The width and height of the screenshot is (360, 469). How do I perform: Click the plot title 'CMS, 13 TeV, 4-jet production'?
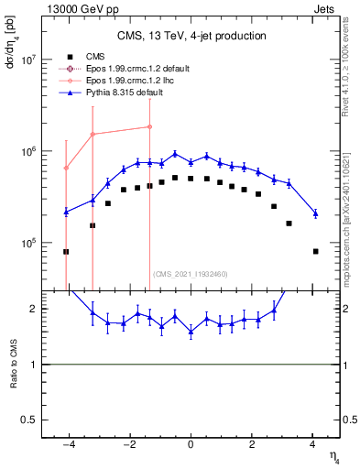point(191,36)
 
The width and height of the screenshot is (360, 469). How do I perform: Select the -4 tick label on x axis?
point(67,446)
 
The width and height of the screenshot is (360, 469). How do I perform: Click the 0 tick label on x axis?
point(191,446)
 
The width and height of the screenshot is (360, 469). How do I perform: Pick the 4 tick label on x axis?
point(312,446)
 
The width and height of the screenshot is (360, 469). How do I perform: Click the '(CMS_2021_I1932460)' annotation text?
point(191,274)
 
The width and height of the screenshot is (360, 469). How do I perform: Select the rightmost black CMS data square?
point(315,251)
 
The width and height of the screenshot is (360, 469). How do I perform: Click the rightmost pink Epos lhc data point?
point(150,127)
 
